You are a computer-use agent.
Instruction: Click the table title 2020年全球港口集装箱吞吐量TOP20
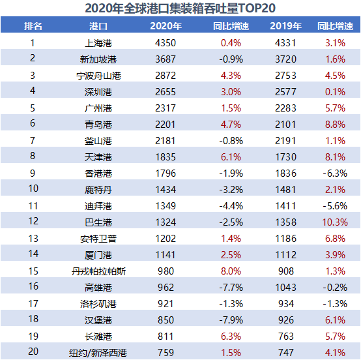(180, 8)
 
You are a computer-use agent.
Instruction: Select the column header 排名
(33, 27)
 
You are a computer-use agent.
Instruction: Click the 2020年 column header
(166, 27)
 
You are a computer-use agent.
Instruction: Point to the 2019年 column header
(285, 27)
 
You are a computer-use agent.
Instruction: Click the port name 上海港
(98, 43)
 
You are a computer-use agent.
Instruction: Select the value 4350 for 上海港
(166, 43)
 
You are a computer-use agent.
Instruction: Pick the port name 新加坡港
(98, 59)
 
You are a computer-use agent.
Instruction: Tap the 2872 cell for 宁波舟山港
(166, 76)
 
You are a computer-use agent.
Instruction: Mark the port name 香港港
(98, 173)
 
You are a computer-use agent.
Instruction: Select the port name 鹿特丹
(98, 190)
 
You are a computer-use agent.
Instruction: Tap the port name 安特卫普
(98, 239)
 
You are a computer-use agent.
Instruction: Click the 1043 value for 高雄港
(285, 288)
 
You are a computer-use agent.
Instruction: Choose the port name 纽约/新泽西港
(98, 353)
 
